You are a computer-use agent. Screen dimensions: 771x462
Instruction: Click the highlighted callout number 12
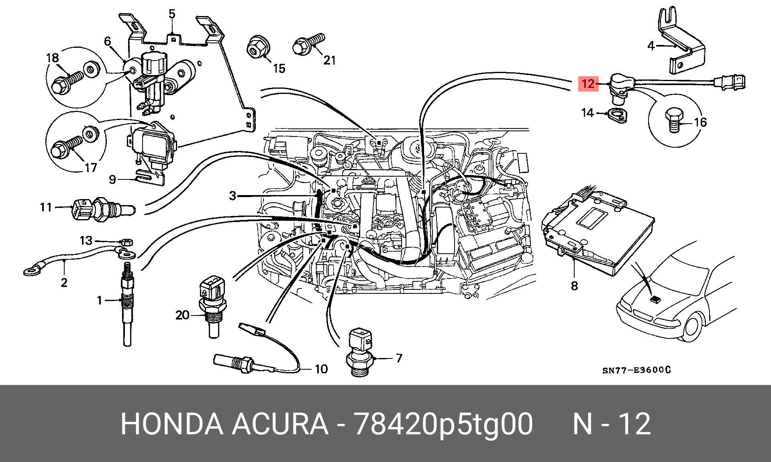588,84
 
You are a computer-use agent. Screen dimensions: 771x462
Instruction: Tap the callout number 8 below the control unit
574,286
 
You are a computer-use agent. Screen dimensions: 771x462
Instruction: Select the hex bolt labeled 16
673,121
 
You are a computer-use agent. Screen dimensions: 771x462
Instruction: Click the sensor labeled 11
100,209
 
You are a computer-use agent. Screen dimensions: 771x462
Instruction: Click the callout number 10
321,368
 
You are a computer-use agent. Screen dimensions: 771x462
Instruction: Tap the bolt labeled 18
66,83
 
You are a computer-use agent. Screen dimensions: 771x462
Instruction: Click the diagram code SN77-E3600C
636,370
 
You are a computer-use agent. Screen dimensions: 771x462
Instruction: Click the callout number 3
233,196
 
